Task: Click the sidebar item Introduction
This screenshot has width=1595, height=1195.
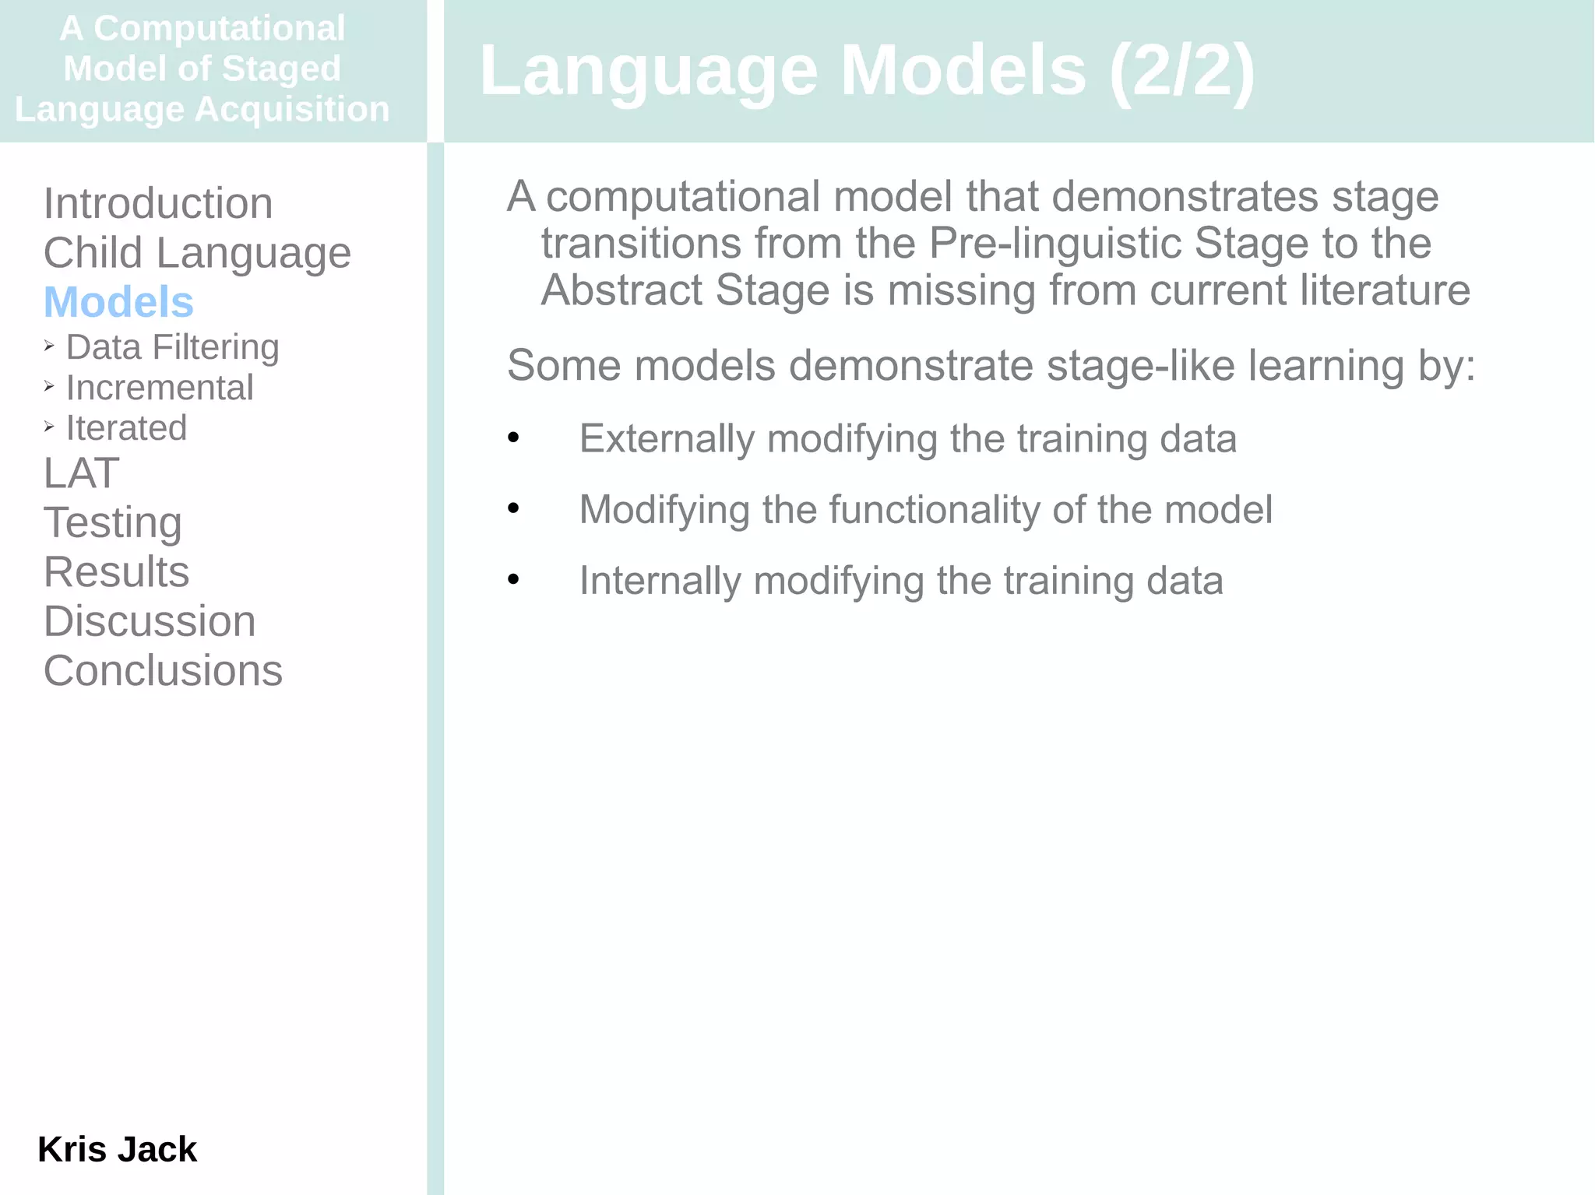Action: coord(158,204)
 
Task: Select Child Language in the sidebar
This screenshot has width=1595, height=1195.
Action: coord(197,253)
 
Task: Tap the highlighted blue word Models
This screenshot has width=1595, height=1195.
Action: coord(118,302)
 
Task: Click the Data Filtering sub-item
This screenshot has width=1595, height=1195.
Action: coord(172,347)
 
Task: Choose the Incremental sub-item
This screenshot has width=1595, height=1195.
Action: coord(160,388)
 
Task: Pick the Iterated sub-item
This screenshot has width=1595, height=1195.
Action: coord(126,428)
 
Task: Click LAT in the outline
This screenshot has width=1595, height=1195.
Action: coord(81,473)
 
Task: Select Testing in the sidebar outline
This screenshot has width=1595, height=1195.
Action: coord(113,522)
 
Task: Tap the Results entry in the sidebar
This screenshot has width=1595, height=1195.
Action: coord(116,572)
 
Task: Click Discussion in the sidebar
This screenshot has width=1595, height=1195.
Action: coord(150,621)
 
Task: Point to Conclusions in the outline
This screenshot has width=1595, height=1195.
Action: coord(163,671)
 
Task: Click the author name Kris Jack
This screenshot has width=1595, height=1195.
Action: coord(117,1149)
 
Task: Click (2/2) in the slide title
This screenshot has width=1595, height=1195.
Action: coord(1181,70)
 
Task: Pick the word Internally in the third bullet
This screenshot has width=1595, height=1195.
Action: coord(660,582)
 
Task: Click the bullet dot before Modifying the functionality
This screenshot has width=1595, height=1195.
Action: coord(513,509)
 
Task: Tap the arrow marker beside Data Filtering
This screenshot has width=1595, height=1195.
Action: coord(49,346)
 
